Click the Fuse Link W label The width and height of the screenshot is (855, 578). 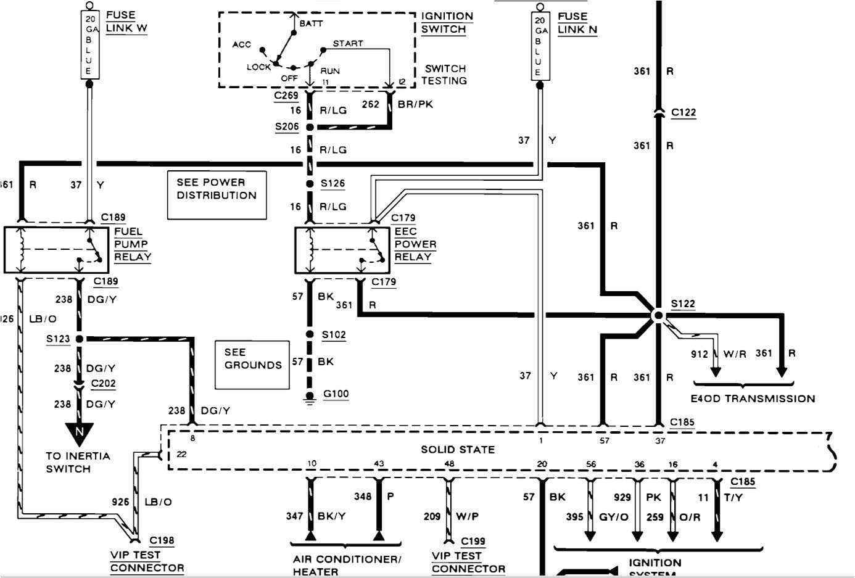[126, 22]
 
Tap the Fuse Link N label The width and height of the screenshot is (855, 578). [577, 23]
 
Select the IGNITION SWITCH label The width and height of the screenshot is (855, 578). [447, 23]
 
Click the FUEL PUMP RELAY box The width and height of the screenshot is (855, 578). [56, 250]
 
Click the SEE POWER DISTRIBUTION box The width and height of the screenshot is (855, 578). [217, 195]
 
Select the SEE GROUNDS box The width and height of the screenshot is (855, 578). [252, 365]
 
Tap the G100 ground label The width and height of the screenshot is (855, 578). [336, 394]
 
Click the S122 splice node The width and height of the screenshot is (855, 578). [658, 315]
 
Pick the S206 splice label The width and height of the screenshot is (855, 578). [287, 126]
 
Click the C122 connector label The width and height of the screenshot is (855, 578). [683, 112]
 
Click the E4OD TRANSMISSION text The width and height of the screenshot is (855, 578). [752, 398]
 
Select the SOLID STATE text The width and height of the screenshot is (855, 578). [457, 450]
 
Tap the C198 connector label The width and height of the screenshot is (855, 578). [162, 540]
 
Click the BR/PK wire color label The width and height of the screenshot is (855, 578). [415, 104]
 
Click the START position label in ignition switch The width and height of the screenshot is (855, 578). [348, 43]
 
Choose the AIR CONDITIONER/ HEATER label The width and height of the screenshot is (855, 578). [347, 565]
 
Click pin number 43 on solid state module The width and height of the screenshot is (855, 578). [378, 463]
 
